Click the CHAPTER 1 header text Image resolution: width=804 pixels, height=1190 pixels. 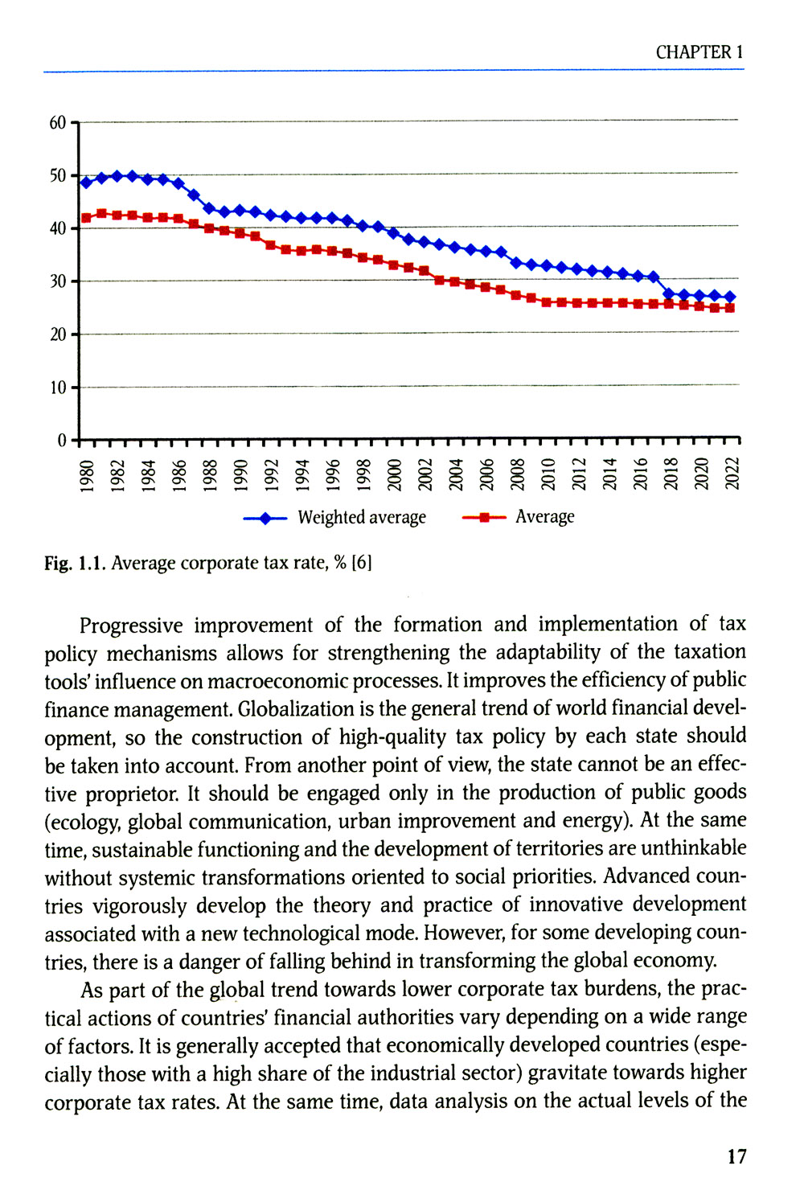pyautogui.click(x=699, y=52)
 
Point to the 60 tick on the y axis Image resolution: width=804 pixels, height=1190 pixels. pyautogui.click(x=57, y=123)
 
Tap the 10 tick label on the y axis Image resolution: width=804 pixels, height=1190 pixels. pyautogui.click(x=57, y=388)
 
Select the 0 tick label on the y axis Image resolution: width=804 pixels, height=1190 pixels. pyautogui.click(x=62, y=441)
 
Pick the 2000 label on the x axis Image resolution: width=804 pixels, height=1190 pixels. pyautogui.click(x=394, y=474)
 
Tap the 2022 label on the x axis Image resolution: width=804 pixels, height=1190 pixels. pyautogui.click(x=732, y=474)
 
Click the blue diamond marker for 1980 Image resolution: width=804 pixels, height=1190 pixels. pyautogui.click(x=86, y=183)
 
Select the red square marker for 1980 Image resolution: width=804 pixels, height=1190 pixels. pyautogui.click(x=86, y=218)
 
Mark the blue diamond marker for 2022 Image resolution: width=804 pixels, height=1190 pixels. pyautogui.click(x=730, y=297)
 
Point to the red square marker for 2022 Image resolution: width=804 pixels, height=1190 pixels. pyautogui.click(x=730, y=308)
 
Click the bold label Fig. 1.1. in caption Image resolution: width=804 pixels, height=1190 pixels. pyautogui.click(x=75, y=563)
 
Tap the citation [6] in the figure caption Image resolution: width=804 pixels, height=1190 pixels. pyautogui.click(x=362, y=563)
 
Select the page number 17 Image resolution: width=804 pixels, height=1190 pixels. pyautogui.click(x=736, y=1157)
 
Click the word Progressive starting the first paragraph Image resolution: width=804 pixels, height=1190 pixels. pyautogui.click(x=131, y=626)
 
